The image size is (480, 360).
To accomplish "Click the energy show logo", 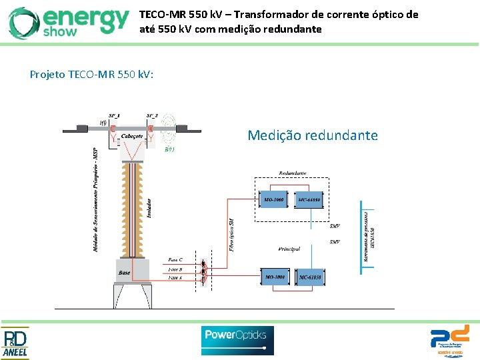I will tap(69, 22).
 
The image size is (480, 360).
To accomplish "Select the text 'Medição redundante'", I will tap(312, 136).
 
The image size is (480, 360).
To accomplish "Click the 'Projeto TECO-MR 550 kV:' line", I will tap(92, 74).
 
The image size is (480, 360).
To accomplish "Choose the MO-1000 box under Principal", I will tap(275, 276).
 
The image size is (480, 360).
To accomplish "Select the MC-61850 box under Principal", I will tap(311, 276).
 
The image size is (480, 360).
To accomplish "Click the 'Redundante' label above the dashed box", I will tap(293, 173).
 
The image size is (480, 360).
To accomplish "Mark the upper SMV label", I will tap(335, 226).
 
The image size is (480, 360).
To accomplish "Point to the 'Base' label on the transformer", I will tap(124, 272).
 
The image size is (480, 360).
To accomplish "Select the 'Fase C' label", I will tap(176, 260).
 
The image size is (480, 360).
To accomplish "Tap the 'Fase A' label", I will tap(176, 277).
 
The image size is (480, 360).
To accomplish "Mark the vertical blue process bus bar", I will tap(361, 237).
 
